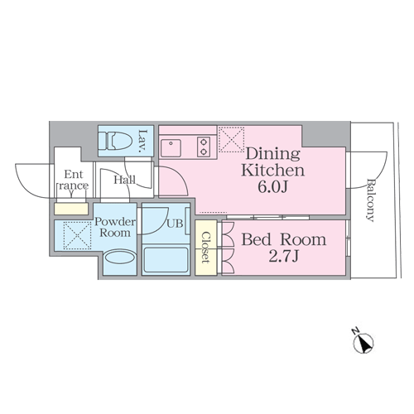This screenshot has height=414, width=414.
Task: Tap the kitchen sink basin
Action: [x=171, y=147]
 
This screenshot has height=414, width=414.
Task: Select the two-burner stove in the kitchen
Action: [x=204, y=147]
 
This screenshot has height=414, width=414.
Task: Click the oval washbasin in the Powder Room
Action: [x=120, y=258]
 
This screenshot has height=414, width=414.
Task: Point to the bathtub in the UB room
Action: [x=166, y=260]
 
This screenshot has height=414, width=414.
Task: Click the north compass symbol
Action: [x=363, y=341]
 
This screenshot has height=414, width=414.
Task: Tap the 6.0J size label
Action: [x=273, y=187]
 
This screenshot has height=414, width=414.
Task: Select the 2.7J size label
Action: [x=284, y=257]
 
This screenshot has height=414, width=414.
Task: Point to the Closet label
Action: [x=205, y=248]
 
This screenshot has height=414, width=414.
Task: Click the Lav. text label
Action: [x=142, y=142]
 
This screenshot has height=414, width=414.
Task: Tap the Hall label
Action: [x=125, y=181]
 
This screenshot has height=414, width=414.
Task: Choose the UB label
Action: [x=175, y=224]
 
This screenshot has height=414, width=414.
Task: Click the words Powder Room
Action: [x=115, y=228]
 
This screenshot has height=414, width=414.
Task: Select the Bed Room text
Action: [x=284, y=239]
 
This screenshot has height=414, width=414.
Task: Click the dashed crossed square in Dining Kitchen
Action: [x=231, y=140]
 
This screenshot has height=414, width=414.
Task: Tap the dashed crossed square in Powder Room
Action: [x=77, y=235]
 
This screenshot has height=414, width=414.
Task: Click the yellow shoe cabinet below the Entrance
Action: [x=71, y=209]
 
